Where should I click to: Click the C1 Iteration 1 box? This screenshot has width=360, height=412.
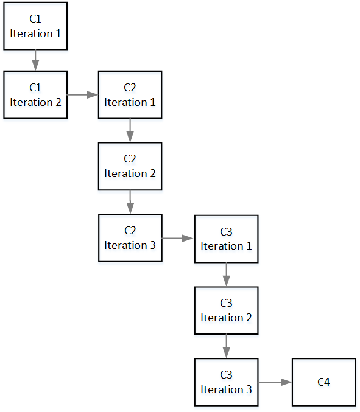35,26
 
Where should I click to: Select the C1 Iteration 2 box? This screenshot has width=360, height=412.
35,94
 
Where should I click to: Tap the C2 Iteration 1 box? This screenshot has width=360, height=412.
130,94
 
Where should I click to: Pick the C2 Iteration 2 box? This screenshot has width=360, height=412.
130,166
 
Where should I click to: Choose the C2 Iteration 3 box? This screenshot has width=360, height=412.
130,238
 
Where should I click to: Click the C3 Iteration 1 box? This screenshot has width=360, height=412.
227,239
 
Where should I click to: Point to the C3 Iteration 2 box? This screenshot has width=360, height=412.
227,310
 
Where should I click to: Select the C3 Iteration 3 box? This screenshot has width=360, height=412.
227,382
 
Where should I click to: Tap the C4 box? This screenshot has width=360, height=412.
323,382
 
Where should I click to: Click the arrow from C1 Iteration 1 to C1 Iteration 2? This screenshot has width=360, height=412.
35,60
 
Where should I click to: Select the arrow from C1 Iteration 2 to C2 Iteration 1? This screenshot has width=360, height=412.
83,94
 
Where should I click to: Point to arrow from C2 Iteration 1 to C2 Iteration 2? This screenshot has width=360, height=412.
130,130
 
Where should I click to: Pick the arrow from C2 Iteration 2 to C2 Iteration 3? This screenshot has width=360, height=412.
130,202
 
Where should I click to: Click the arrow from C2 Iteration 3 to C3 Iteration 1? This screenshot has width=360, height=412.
178,239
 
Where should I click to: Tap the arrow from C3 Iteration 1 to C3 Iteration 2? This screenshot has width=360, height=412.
227,274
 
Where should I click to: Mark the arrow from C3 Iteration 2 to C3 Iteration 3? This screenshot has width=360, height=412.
227,346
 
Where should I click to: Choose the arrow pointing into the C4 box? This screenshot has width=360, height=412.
275,382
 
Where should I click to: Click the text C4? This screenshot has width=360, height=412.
323,382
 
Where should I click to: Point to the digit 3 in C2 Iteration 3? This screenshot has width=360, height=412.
153,245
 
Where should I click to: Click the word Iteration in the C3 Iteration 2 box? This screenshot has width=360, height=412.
222,318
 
